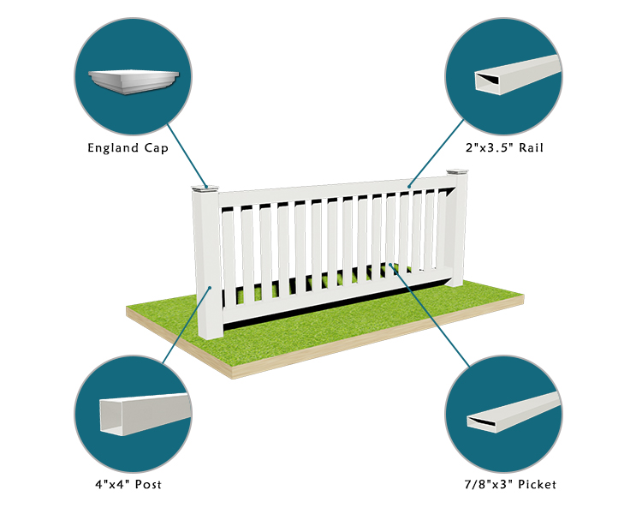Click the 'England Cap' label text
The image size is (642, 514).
[128, 148]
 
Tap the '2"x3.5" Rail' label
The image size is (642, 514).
[504, 147]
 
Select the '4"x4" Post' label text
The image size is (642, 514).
[128, 485]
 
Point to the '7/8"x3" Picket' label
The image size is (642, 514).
[510, 485]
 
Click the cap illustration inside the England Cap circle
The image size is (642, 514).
[134, 81]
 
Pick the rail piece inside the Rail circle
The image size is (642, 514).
[518, 75]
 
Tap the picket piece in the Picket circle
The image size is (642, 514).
[514, 412]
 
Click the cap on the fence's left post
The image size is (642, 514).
[205, 189]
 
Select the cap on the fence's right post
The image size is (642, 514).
[457, 171]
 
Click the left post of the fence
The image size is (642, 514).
[208, 265]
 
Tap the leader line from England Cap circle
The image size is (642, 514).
[187, 156]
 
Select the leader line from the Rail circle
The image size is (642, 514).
[436, 153]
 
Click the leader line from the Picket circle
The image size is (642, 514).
[430, 315]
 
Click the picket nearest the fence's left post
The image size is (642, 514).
[229, 256]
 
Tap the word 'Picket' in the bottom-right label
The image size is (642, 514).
[538, 485]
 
